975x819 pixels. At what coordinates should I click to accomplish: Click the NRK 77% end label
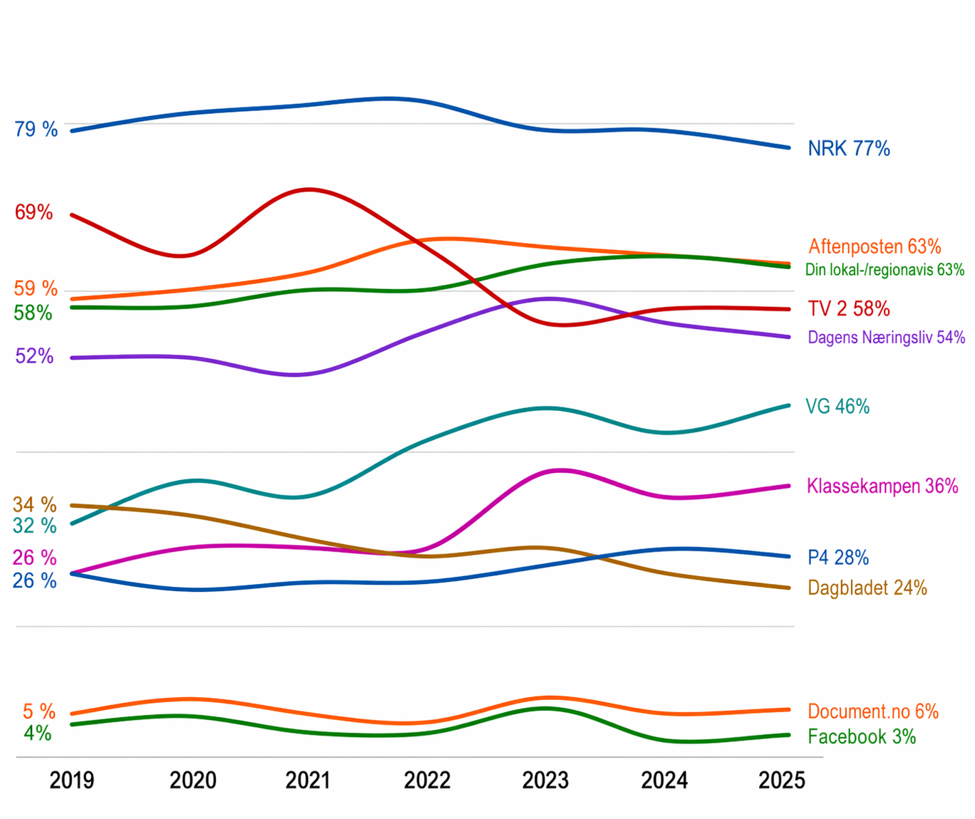(x=848, y=148)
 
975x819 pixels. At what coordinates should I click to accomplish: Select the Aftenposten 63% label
(x=875, y=246)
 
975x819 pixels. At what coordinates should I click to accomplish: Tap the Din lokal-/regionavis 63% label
(x=884, y=270)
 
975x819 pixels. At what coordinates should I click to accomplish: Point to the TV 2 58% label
(x=848, y=308)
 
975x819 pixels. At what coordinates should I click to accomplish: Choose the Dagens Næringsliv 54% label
(x=886, y=337)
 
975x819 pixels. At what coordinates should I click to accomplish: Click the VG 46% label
(x=837, y=406)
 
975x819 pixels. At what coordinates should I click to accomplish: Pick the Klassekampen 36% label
(x=882, y=486)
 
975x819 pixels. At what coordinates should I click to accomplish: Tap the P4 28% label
(x=838, y=558)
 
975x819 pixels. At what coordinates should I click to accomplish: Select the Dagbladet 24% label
(x=867, y=588)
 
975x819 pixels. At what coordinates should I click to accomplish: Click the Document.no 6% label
(x=872, y=711)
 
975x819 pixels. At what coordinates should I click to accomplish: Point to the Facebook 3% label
(x=862, y=736)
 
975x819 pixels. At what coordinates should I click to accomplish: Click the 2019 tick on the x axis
(x=71, y=781)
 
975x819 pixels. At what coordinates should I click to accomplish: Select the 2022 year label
(x=427, y=781)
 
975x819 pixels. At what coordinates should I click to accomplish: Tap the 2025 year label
(x=782, y=781)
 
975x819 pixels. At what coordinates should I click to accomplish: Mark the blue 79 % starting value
(x=36, y=129)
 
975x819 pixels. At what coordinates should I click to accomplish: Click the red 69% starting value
(x=33, y=212)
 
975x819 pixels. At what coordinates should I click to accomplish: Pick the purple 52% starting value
(x=34, y=356)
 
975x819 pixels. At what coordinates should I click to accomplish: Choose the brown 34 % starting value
(x=34, y=505)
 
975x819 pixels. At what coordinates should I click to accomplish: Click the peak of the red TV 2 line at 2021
(x=309, y=189)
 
